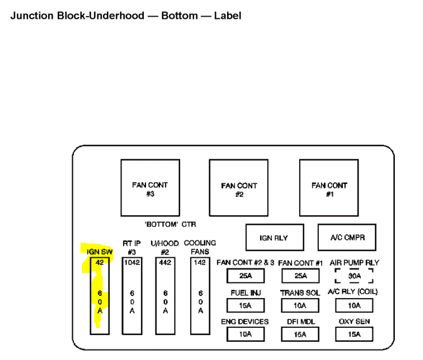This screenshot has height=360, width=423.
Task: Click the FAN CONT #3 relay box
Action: coord(150,188)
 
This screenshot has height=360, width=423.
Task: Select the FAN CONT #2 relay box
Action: coord(239,188)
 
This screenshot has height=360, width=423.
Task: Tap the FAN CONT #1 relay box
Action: coord(329,188)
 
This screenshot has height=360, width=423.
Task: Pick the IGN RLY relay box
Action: coord(274,238)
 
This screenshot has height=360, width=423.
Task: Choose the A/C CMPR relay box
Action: coord(347,237)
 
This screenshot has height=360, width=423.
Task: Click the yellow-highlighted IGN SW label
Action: coord(100,252)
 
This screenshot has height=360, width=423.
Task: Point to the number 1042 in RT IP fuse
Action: coord(132,262)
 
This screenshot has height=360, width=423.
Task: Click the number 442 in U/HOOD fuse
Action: coord(166,262)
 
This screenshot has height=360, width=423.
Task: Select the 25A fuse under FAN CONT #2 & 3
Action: coord(245,276)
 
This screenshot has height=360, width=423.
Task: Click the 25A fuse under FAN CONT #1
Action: coord(300,276)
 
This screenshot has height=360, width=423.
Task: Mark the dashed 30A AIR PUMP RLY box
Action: coord(354,276)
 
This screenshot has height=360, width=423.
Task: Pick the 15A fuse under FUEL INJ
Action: coord(245,305)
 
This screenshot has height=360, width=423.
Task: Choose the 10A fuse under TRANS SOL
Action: coord(300,305)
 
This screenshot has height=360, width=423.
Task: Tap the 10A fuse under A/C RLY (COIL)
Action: coord(354,305)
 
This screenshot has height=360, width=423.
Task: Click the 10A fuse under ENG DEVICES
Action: coord(245,335)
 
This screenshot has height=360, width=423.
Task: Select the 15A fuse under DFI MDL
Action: coord(300,335)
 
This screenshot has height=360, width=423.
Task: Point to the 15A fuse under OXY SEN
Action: coord(354,335)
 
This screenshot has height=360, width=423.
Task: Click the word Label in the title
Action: coord(227,15)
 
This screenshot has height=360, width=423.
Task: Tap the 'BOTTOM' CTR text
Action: coord(170,225)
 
